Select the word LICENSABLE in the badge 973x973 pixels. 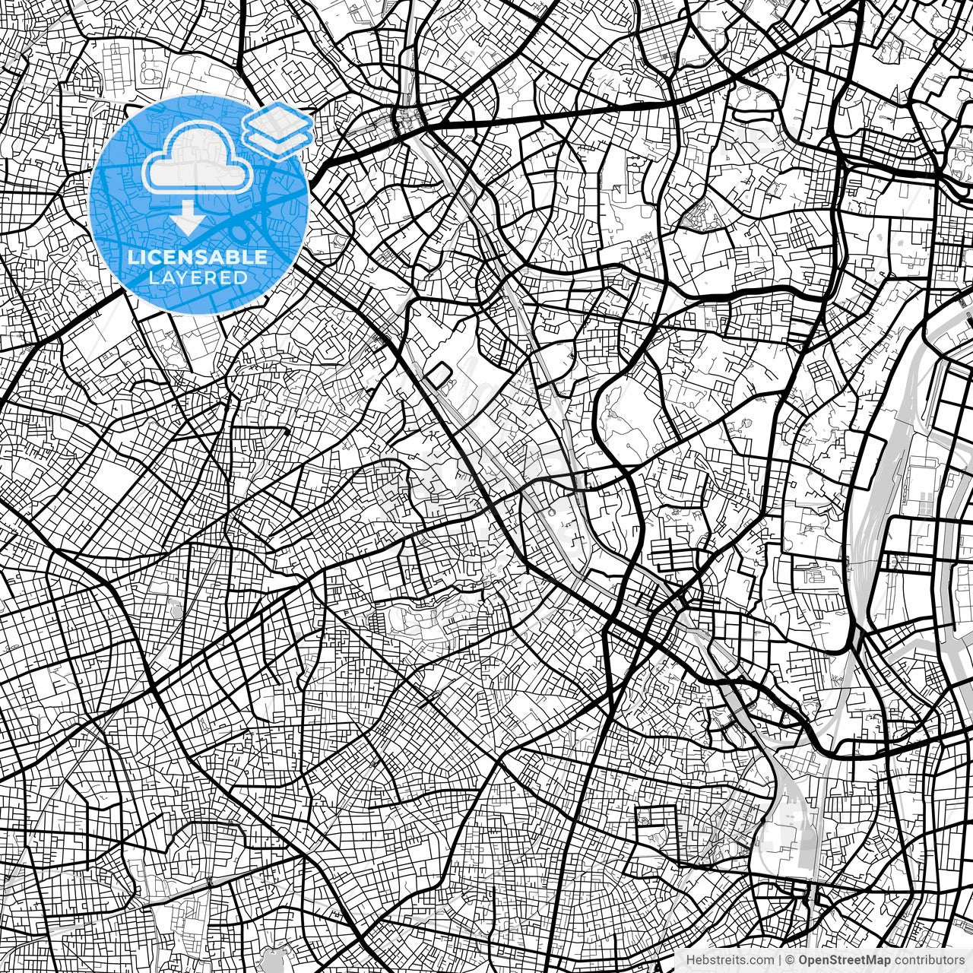click(x=198, y=257)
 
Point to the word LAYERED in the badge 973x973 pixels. click(x=198, y=277)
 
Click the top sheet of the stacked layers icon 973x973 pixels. click(x=277, y=119)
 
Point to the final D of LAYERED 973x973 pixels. click(x=241, y=277)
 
